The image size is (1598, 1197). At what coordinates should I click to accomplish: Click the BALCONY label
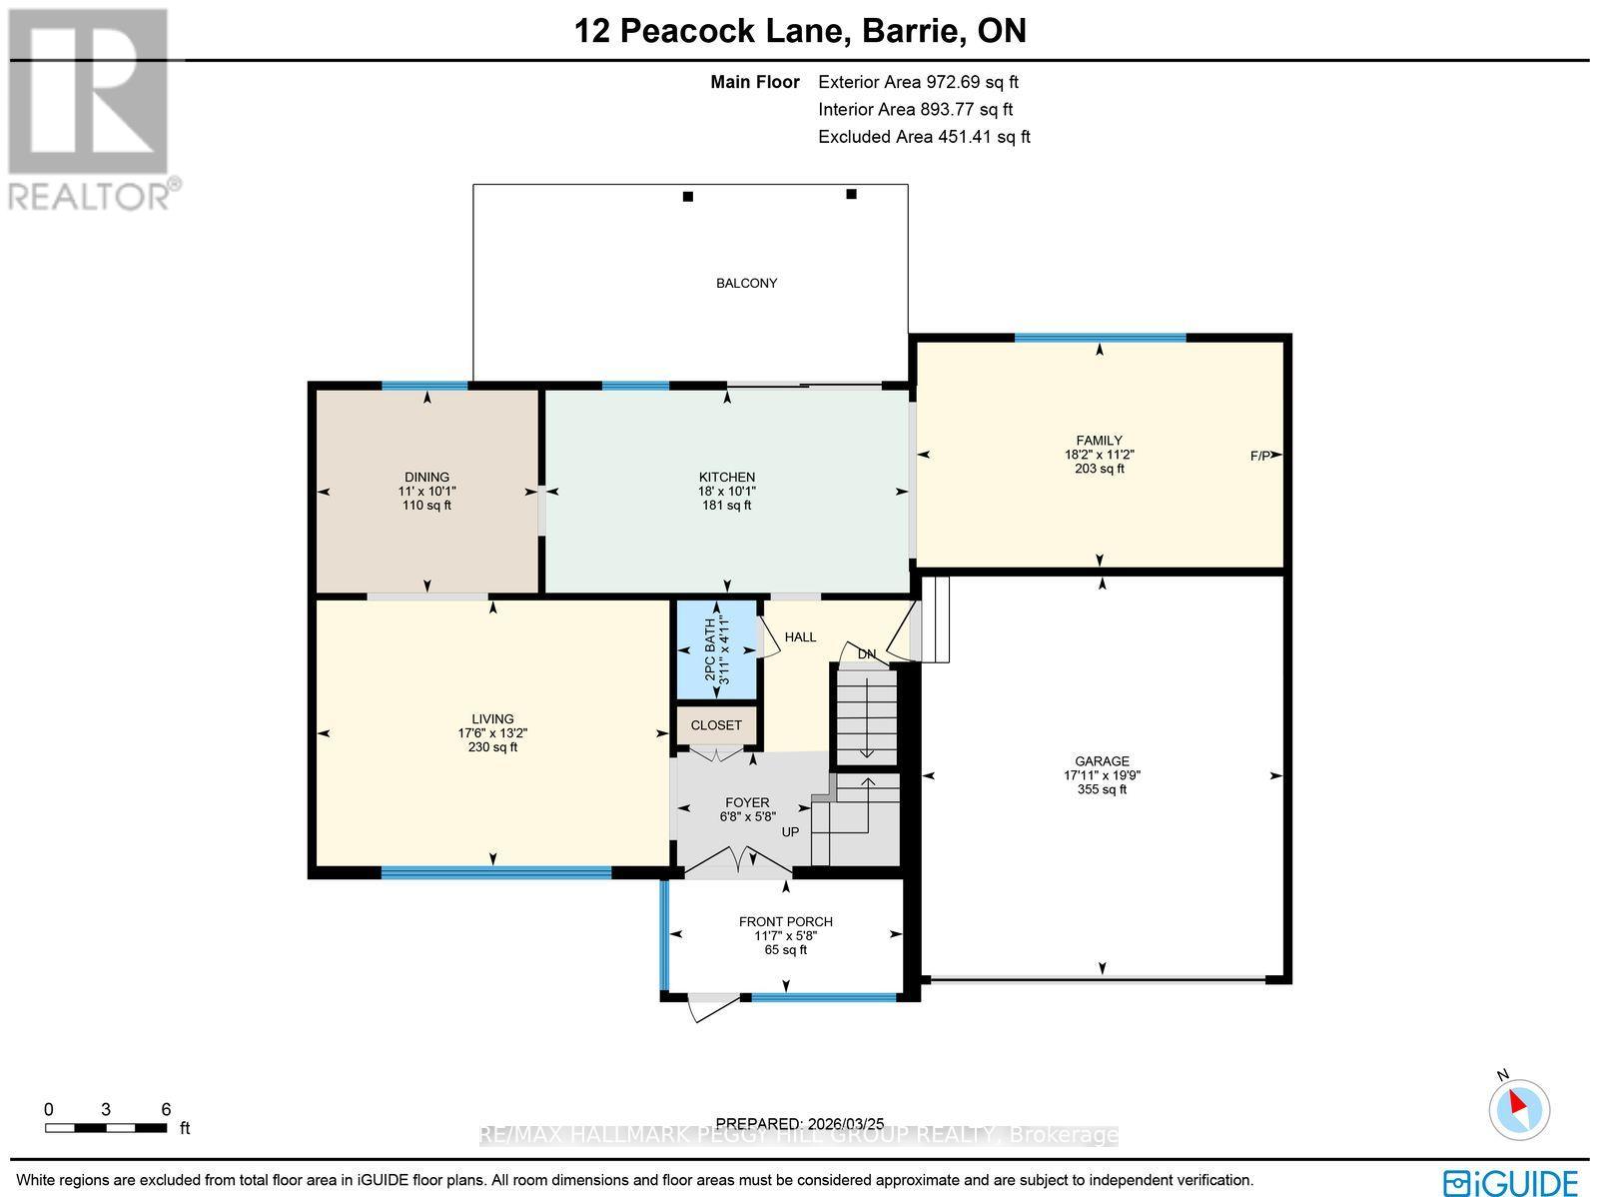[x=746, y=283]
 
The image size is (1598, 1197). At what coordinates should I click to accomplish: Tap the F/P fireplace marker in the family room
[x=1260, y=456]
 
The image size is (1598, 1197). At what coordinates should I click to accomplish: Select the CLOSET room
[x=716, y=725]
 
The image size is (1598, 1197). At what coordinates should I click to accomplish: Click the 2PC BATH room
[x=716, y=649]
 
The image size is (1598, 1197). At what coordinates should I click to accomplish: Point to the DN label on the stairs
[x=867, y=654]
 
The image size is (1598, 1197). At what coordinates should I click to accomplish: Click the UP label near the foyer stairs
[x=790, y=831]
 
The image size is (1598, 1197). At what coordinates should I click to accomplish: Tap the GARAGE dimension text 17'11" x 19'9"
[x=1102, y=775]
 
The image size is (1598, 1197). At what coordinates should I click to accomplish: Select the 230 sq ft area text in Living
[x=492, y=747]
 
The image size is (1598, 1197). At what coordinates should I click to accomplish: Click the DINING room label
[x=426, y=477]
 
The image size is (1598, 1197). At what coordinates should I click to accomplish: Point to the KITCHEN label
[x=726, y=477]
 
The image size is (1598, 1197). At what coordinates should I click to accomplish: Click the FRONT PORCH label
[x=785, y=921]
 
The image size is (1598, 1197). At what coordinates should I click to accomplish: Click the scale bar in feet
[x=105, y=1128]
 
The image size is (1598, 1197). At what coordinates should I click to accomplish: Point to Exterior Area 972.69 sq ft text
[x=918, y=83]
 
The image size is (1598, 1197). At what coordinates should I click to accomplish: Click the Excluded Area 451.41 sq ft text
[x=924, y=137]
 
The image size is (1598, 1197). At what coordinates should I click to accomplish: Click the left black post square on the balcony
[x=687, y=197]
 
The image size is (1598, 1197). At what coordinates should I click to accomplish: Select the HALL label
[x=800, y=636]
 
